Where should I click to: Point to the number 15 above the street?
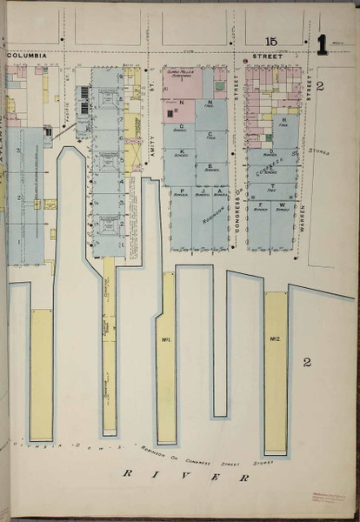click(x=271, y=41)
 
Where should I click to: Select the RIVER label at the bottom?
click(x=185, y=475)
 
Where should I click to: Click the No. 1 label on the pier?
click(x=165, y=338)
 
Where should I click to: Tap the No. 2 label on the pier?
click(x=275, y=338)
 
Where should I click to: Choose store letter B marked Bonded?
click(x=211, y=165)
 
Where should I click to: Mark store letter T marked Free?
click(x=272, y=186)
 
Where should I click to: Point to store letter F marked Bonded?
click(x=259, y=205)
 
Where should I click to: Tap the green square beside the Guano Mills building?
click(x=220, y=86)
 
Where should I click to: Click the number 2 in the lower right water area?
click(x=306, y=361)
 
